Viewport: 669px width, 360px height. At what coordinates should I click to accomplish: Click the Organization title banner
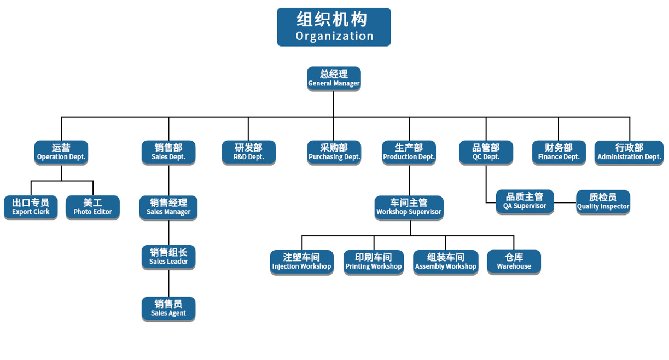pyautogui.click(x=334, y=27)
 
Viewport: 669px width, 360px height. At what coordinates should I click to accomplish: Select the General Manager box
pyautogui.click(x=334, y=79)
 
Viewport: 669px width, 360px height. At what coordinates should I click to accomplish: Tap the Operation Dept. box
pyautogui.click(x=61, y=153)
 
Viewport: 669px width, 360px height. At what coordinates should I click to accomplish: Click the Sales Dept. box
pyautogui.click(x=168, y=153)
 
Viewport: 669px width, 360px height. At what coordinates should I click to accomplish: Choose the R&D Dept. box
pyautogui.click(x=248, y=153)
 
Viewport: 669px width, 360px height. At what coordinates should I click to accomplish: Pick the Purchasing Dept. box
pyautogui.click(x=334, y=153)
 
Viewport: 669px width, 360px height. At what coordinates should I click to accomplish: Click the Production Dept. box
pyautogui.click(x=409, y=153)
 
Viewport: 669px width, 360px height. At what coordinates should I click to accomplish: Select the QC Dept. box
pyautogui.click(x=486, y=153)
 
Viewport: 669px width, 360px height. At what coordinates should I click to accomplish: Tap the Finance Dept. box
pyautogui.click(x=559, y=153)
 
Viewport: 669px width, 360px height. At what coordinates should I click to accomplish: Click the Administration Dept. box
pyautogui.click(x=629, y=153)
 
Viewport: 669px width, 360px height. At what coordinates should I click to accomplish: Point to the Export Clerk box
pyautogui.click(x=31, y=207)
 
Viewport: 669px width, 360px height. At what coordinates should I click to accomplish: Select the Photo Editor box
pyautogui.click(x=92, y=207)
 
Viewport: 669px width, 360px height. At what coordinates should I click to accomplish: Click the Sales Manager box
pyautogui.click(x=168, y=207)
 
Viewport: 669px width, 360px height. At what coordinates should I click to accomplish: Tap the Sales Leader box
pyautogui.click(x=168, y=257)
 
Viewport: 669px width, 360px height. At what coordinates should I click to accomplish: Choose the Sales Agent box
pyautogui.click(x=168, y=309)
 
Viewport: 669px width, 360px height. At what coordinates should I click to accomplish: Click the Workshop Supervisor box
pyautogui.click(x=409, y=207)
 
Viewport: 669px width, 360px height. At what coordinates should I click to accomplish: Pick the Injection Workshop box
pyautogui.click(x=301, y=262)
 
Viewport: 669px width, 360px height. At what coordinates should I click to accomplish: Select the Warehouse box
pyautogui.click(x=514, y=262)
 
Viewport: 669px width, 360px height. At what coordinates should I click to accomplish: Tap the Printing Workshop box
pyautogui.click(x=374, y=262)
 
